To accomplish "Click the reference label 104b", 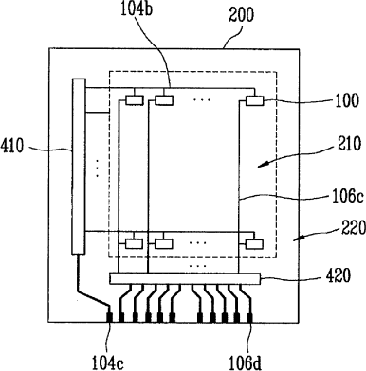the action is click(137, 9).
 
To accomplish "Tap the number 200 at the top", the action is click(242, 14).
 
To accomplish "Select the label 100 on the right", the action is click(346, 100).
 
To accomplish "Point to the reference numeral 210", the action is click(348, 144).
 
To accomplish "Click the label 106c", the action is click(348, 197).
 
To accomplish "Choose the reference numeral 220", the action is click(353, 227).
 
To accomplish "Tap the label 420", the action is click(338, 275).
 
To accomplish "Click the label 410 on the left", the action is click(12, 147).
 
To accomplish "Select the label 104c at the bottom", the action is click(107, 362).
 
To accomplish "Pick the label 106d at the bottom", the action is click(246, 362).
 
